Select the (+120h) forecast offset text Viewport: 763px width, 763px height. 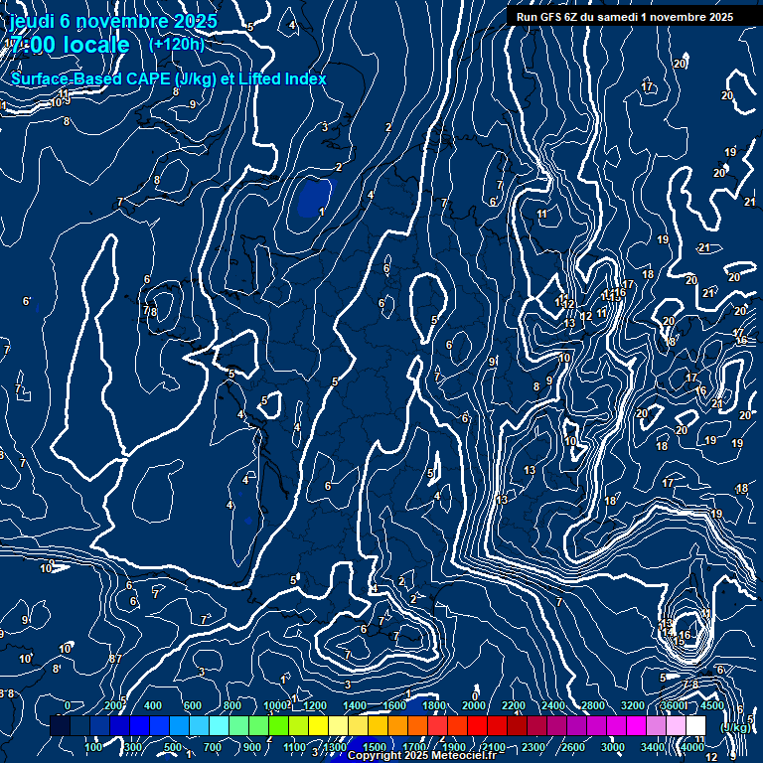177,44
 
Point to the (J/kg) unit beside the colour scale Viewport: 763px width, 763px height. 735,727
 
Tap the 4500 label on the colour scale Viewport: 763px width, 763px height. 712,705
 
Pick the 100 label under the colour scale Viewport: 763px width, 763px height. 94,747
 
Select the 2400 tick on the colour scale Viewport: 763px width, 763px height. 553,705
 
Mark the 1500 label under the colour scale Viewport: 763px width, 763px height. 375,747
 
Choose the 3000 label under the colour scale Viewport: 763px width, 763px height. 613,747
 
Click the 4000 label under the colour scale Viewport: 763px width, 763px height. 692,747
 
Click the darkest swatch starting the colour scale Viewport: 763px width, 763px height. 60,726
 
